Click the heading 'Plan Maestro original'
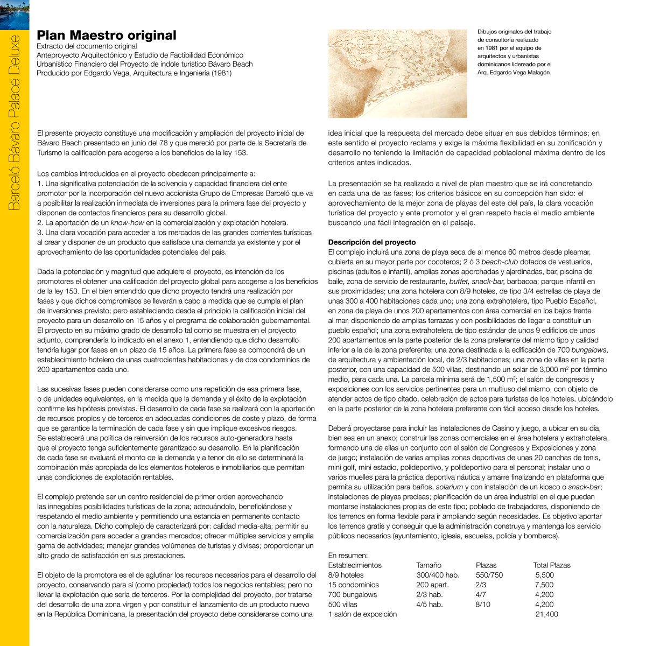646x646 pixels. (x=106, y=36)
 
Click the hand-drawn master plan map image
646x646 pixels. (x=397, y=73)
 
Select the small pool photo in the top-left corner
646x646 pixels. (x=15, y=15)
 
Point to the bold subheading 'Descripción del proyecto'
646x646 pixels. (x=372, y=242)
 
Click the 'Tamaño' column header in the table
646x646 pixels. (x=429, y=565)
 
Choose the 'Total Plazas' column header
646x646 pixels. (x=551, y=565)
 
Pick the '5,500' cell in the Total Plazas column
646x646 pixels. (x=544, y=575)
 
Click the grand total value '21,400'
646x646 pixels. (x=546, y=614)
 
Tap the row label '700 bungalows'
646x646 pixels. (x=353, y=595)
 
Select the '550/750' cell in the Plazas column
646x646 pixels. (x=489, y=575)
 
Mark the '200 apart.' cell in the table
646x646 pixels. (x=432, y=585)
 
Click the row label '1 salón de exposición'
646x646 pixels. (x=362, y=614)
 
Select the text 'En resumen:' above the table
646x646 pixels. (x=348, y=556)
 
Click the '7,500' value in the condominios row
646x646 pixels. (x=544, y=585)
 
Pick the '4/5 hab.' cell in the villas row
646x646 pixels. (x=430, y=605)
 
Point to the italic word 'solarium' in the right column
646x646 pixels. (x=449, y=487)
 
